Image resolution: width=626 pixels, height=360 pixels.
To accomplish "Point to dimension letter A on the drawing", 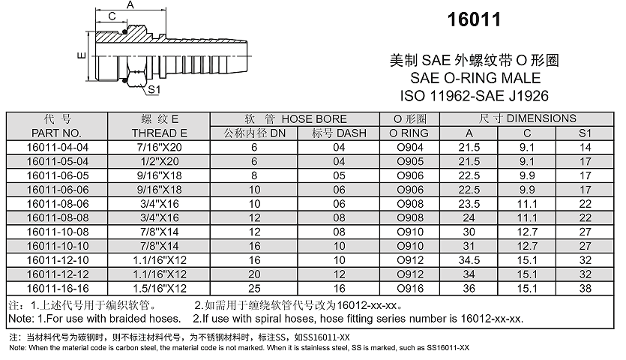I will coord(129,6).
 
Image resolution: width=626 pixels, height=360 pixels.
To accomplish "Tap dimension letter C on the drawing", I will coord(111,16).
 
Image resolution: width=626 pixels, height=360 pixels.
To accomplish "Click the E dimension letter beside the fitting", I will coord(80,55).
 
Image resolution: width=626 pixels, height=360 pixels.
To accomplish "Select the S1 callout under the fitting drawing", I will coord(154,89).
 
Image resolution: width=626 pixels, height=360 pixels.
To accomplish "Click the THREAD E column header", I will coord(160,133).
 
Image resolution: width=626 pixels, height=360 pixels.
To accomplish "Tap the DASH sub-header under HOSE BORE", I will coord(339,133).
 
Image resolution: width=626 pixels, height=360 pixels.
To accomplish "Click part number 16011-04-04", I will coord(57,147).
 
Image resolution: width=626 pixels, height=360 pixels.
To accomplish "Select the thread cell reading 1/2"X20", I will coord(160,160).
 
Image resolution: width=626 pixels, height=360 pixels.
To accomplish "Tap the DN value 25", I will coord(254,288).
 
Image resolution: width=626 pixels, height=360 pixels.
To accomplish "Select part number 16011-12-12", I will coord(57,274).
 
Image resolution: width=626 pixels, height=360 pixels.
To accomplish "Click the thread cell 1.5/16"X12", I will coord(160,288).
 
